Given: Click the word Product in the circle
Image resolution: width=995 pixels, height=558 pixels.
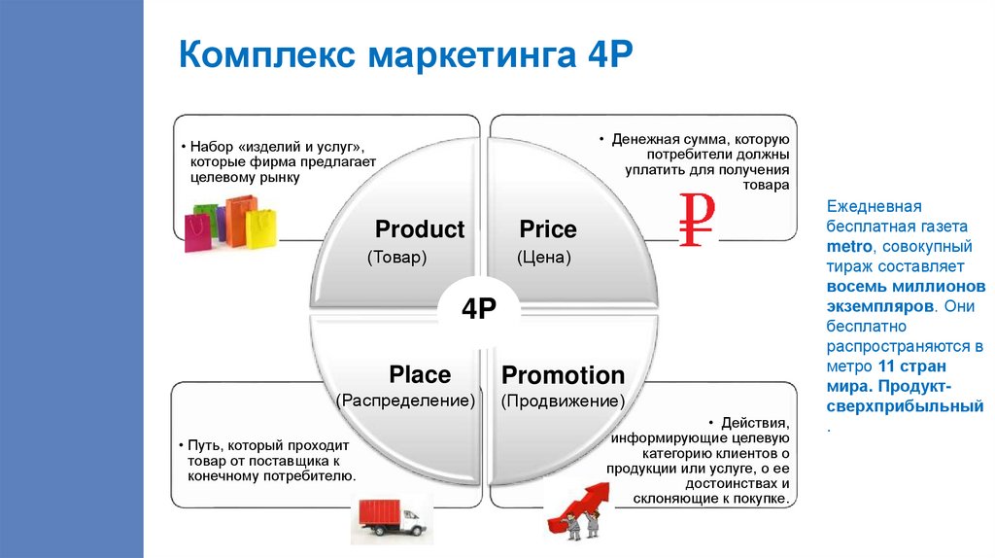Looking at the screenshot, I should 420,230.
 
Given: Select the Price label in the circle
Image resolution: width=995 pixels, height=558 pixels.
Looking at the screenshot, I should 548,230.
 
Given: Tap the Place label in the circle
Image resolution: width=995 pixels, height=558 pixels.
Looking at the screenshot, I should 420,375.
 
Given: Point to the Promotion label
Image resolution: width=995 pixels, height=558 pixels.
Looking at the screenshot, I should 563,375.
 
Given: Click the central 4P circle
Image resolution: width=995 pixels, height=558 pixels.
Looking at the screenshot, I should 479,308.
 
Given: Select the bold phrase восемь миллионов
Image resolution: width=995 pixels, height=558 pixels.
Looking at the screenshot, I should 906,289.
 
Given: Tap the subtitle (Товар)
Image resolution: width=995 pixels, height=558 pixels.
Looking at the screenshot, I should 397,259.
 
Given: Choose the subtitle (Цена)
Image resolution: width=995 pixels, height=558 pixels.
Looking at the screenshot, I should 543,259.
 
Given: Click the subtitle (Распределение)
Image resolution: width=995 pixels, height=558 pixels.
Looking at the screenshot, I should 405,401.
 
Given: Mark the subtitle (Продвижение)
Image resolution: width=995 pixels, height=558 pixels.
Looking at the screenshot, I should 563,401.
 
